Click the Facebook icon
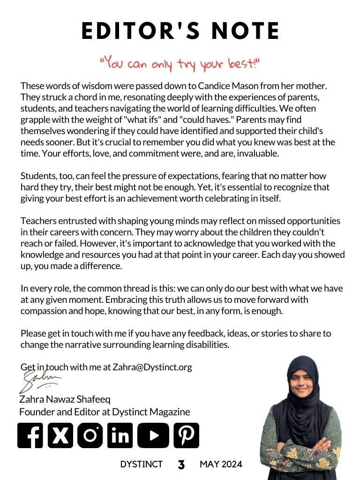(x=30, y=435)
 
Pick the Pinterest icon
(x=186, y=435)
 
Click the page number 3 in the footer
(x=181, y=465)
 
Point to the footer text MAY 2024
(x=221, y=465)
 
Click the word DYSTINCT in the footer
(x=141, y=465)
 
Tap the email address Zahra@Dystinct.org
(x=152, y=367)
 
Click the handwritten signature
(x=40, y=381)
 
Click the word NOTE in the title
(x=247, y=31)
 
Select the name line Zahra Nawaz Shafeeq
(x=65, y=400)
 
